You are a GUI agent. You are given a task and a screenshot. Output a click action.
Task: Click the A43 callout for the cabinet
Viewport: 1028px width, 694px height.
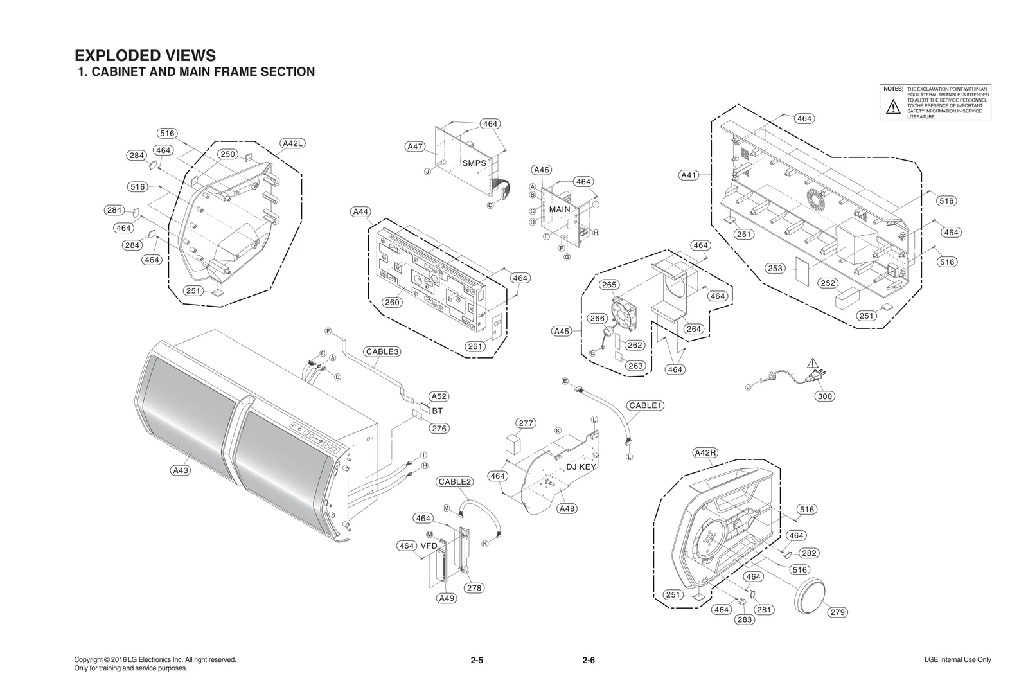(x=182, y=470)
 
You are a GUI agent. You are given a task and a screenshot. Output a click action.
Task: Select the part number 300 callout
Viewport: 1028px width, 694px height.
(x=825, y=396)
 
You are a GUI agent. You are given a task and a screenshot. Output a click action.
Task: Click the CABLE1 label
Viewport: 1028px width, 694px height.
(x=646, y=405)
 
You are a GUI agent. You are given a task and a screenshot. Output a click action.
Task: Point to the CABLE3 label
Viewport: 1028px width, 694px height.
(x=382, y=351)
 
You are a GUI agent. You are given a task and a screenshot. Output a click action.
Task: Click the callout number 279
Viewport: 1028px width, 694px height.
(x=837, y=612)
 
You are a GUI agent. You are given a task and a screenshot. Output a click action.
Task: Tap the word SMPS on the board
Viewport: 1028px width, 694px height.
(x=474, y=163)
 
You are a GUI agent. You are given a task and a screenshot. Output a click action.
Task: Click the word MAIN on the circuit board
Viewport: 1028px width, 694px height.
(x=560, y=209)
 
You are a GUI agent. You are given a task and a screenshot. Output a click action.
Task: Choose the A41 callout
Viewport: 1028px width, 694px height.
(x=689, y=175)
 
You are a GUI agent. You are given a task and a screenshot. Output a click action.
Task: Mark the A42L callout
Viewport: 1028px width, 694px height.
(x=292, y=143)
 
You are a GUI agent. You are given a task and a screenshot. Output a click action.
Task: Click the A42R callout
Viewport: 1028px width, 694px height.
(x=705, y=452)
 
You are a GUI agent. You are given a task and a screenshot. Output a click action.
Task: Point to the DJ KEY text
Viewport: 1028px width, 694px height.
(x=581, y=467)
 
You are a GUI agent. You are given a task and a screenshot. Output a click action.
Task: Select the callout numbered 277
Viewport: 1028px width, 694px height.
(x=526, y=423)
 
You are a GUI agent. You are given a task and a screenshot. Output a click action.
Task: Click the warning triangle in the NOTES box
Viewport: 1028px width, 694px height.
(x=893, y=108)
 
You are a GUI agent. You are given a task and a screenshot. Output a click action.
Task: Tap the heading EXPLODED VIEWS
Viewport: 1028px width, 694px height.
(x=145, y=55)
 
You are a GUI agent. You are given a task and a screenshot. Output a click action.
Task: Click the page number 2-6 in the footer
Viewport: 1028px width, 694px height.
(x=589, y=661)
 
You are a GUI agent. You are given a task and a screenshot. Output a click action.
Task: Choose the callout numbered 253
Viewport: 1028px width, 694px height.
(x=775, y=268)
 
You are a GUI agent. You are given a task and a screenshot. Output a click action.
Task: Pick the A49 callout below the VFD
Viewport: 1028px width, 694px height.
(x=447, y=598)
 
